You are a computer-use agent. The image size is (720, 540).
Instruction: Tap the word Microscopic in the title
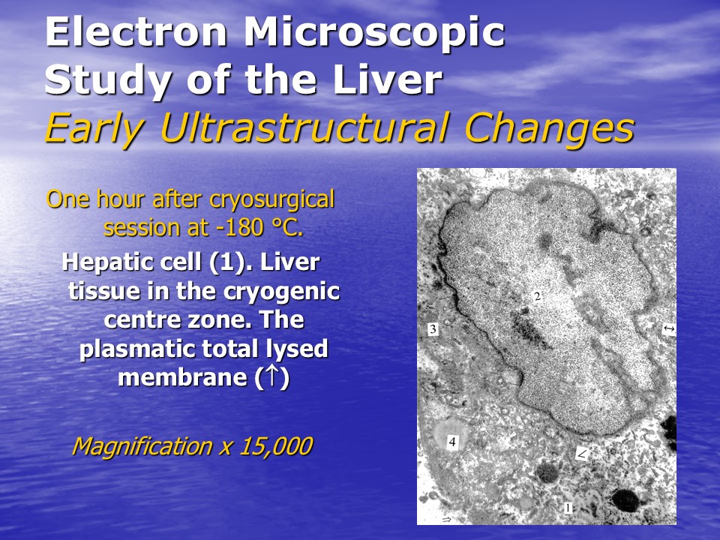point(374,33)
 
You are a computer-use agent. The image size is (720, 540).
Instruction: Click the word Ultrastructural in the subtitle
point(304,128)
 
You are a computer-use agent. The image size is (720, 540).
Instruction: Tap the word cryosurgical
point(271,200)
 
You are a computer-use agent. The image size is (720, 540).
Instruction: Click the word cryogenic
point(281,292)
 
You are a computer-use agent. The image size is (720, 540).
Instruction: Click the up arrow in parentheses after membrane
point(272,376)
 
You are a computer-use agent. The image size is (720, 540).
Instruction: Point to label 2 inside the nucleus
point(538,296)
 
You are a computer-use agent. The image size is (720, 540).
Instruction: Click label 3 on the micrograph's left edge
point(433,328)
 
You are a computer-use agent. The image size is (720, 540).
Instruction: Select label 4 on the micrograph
point(453,442)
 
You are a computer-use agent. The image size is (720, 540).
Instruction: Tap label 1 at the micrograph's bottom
point(568,508)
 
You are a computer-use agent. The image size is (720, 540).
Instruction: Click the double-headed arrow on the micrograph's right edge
point(669,328)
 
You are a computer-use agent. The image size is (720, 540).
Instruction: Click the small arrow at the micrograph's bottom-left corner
point(446,519)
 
